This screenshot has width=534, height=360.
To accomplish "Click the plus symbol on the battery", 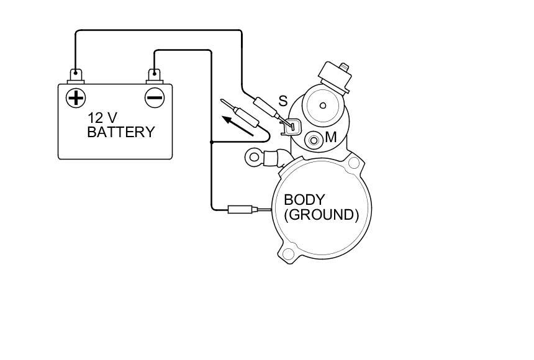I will tap(76, 97).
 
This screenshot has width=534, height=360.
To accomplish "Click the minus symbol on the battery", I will tap(154, 97).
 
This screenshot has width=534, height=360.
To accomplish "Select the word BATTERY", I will tap(120, 132).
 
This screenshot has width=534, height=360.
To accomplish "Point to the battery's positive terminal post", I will tap(76, 76).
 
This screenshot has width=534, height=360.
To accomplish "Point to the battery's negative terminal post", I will tap(154, 76).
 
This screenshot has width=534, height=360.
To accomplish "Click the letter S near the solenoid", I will tap(283, 101).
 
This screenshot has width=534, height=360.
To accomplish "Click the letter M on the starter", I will tap(330, 138).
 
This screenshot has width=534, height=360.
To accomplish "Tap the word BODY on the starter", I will tap(304, 200).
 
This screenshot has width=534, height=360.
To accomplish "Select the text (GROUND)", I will tap(321, 215).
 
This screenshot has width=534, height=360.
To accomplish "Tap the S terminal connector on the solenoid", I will tap(291, 126).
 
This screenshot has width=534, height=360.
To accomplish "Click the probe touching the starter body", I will tap(243, 209).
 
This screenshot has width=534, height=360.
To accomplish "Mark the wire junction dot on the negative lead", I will tap(212, 142).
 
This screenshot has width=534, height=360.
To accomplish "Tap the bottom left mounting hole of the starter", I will tap(287, 253).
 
